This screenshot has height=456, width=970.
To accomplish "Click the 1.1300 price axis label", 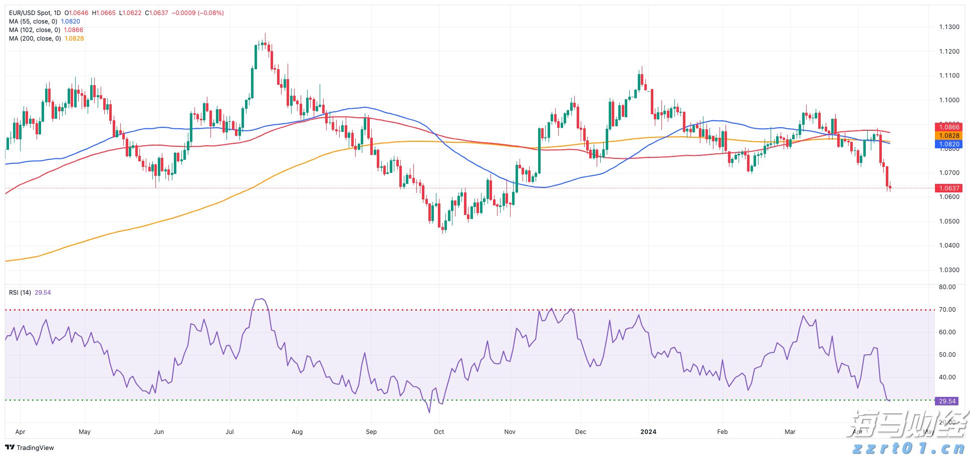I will tap(949, 27).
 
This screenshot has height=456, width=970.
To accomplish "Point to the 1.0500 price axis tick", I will tap(949, 221).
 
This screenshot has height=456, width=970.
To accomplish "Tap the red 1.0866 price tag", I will tap(949, 127).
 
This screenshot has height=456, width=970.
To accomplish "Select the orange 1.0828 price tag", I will tap(949, 136).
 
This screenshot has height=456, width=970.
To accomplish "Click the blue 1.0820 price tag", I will tap(949, 144).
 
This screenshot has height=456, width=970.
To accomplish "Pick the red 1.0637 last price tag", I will tap(949, 188).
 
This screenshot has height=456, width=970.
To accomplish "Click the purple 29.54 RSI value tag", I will tap(947, 401).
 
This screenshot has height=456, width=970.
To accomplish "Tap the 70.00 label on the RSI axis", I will tap(947, 310).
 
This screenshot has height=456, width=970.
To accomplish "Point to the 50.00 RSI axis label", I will tap(947, 355).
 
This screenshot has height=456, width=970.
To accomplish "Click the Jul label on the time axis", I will tap(229, 432).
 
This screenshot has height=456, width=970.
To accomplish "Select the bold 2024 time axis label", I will tap(648, 432).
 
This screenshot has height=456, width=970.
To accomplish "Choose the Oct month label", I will tap(439, 432).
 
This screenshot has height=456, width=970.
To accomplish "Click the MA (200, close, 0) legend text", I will tap(35, 39).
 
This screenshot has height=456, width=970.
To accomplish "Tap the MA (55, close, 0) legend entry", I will tap(33, 22).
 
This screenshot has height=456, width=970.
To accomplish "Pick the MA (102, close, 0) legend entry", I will tap(35, 30).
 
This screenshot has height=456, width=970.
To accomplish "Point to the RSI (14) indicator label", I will tap(20, 293).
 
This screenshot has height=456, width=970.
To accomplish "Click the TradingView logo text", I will tap(35, 448).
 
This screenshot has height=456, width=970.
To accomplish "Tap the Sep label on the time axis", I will tap(371, 432).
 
